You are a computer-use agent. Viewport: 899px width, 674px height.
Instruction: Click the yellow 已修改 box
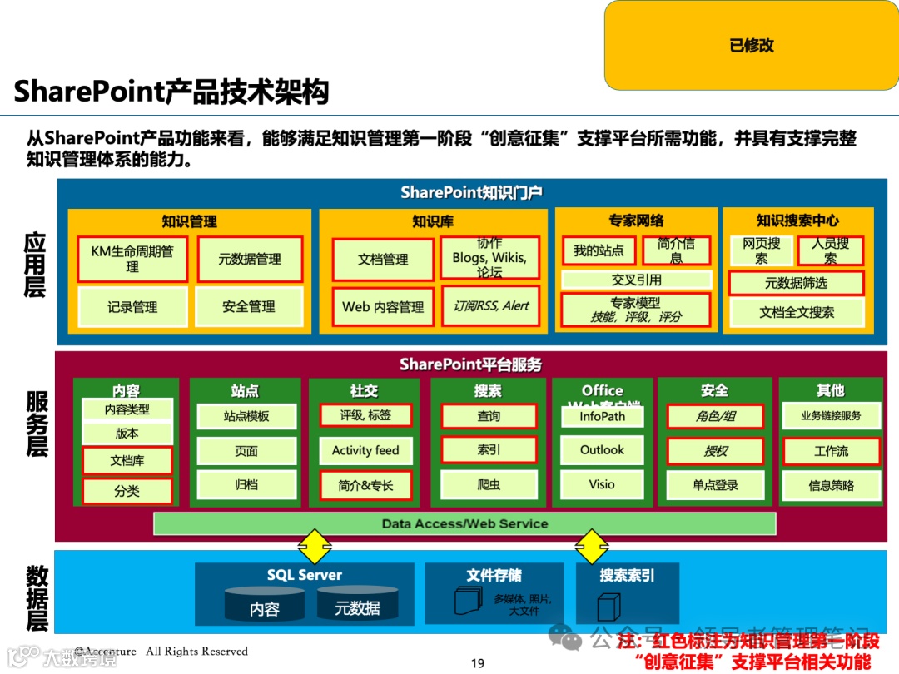[x=751, y=45]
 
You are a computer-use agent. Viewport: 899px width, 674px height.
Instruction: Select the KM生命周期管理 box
[x=133, y=259]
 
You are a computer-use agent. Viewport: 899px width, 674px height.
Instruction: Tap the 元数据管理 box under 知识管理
[x=250, y=260]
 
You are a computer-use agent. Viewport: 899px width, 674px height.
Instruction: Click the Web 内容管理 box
[x=383, y=307]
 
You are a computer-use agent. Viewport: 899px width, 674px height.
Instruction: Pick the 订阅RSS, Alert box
[x=490, y=306]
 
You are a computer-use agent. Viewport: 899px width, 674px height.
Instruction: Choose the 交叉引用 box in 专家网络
[x=637, y=280]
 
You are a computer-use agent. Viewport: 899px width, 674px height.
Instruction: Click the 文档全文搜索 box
[x=797, y=313]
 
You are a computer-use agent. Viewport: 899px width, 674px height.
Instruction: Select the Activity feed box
[x=365, y=451]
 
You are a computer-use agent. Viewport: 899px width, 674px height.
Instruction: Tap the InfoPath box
[x=602, y=417]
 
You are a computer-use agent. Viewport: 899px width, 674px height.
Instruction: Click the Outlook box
[x=602, y=450]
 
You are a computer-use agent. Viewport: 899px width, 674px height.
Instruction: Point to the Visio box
[x=602, y=484]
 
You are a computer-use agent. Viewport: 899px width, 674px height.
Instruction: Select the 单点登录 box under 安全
[x=715, y=485]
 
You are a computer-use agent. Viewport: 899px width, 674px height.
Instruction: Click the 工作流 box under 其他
[x=831, y=451]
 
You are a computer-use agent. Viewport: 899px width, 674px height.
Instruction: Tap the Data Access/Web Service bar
[x=464, y=524]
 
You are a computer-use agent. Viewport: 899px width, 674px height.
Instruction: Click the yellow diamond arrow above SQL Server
[x=315, y=547]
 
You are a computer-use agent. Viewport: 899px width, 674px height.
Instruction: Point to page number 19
[x=477, y=663]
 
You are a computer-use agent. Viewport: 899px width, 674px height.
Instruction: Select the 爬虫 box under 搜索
[x=489, y=484]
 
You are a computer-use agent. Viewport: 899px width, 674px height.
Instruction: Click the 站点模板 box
[x=246, y=416]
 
